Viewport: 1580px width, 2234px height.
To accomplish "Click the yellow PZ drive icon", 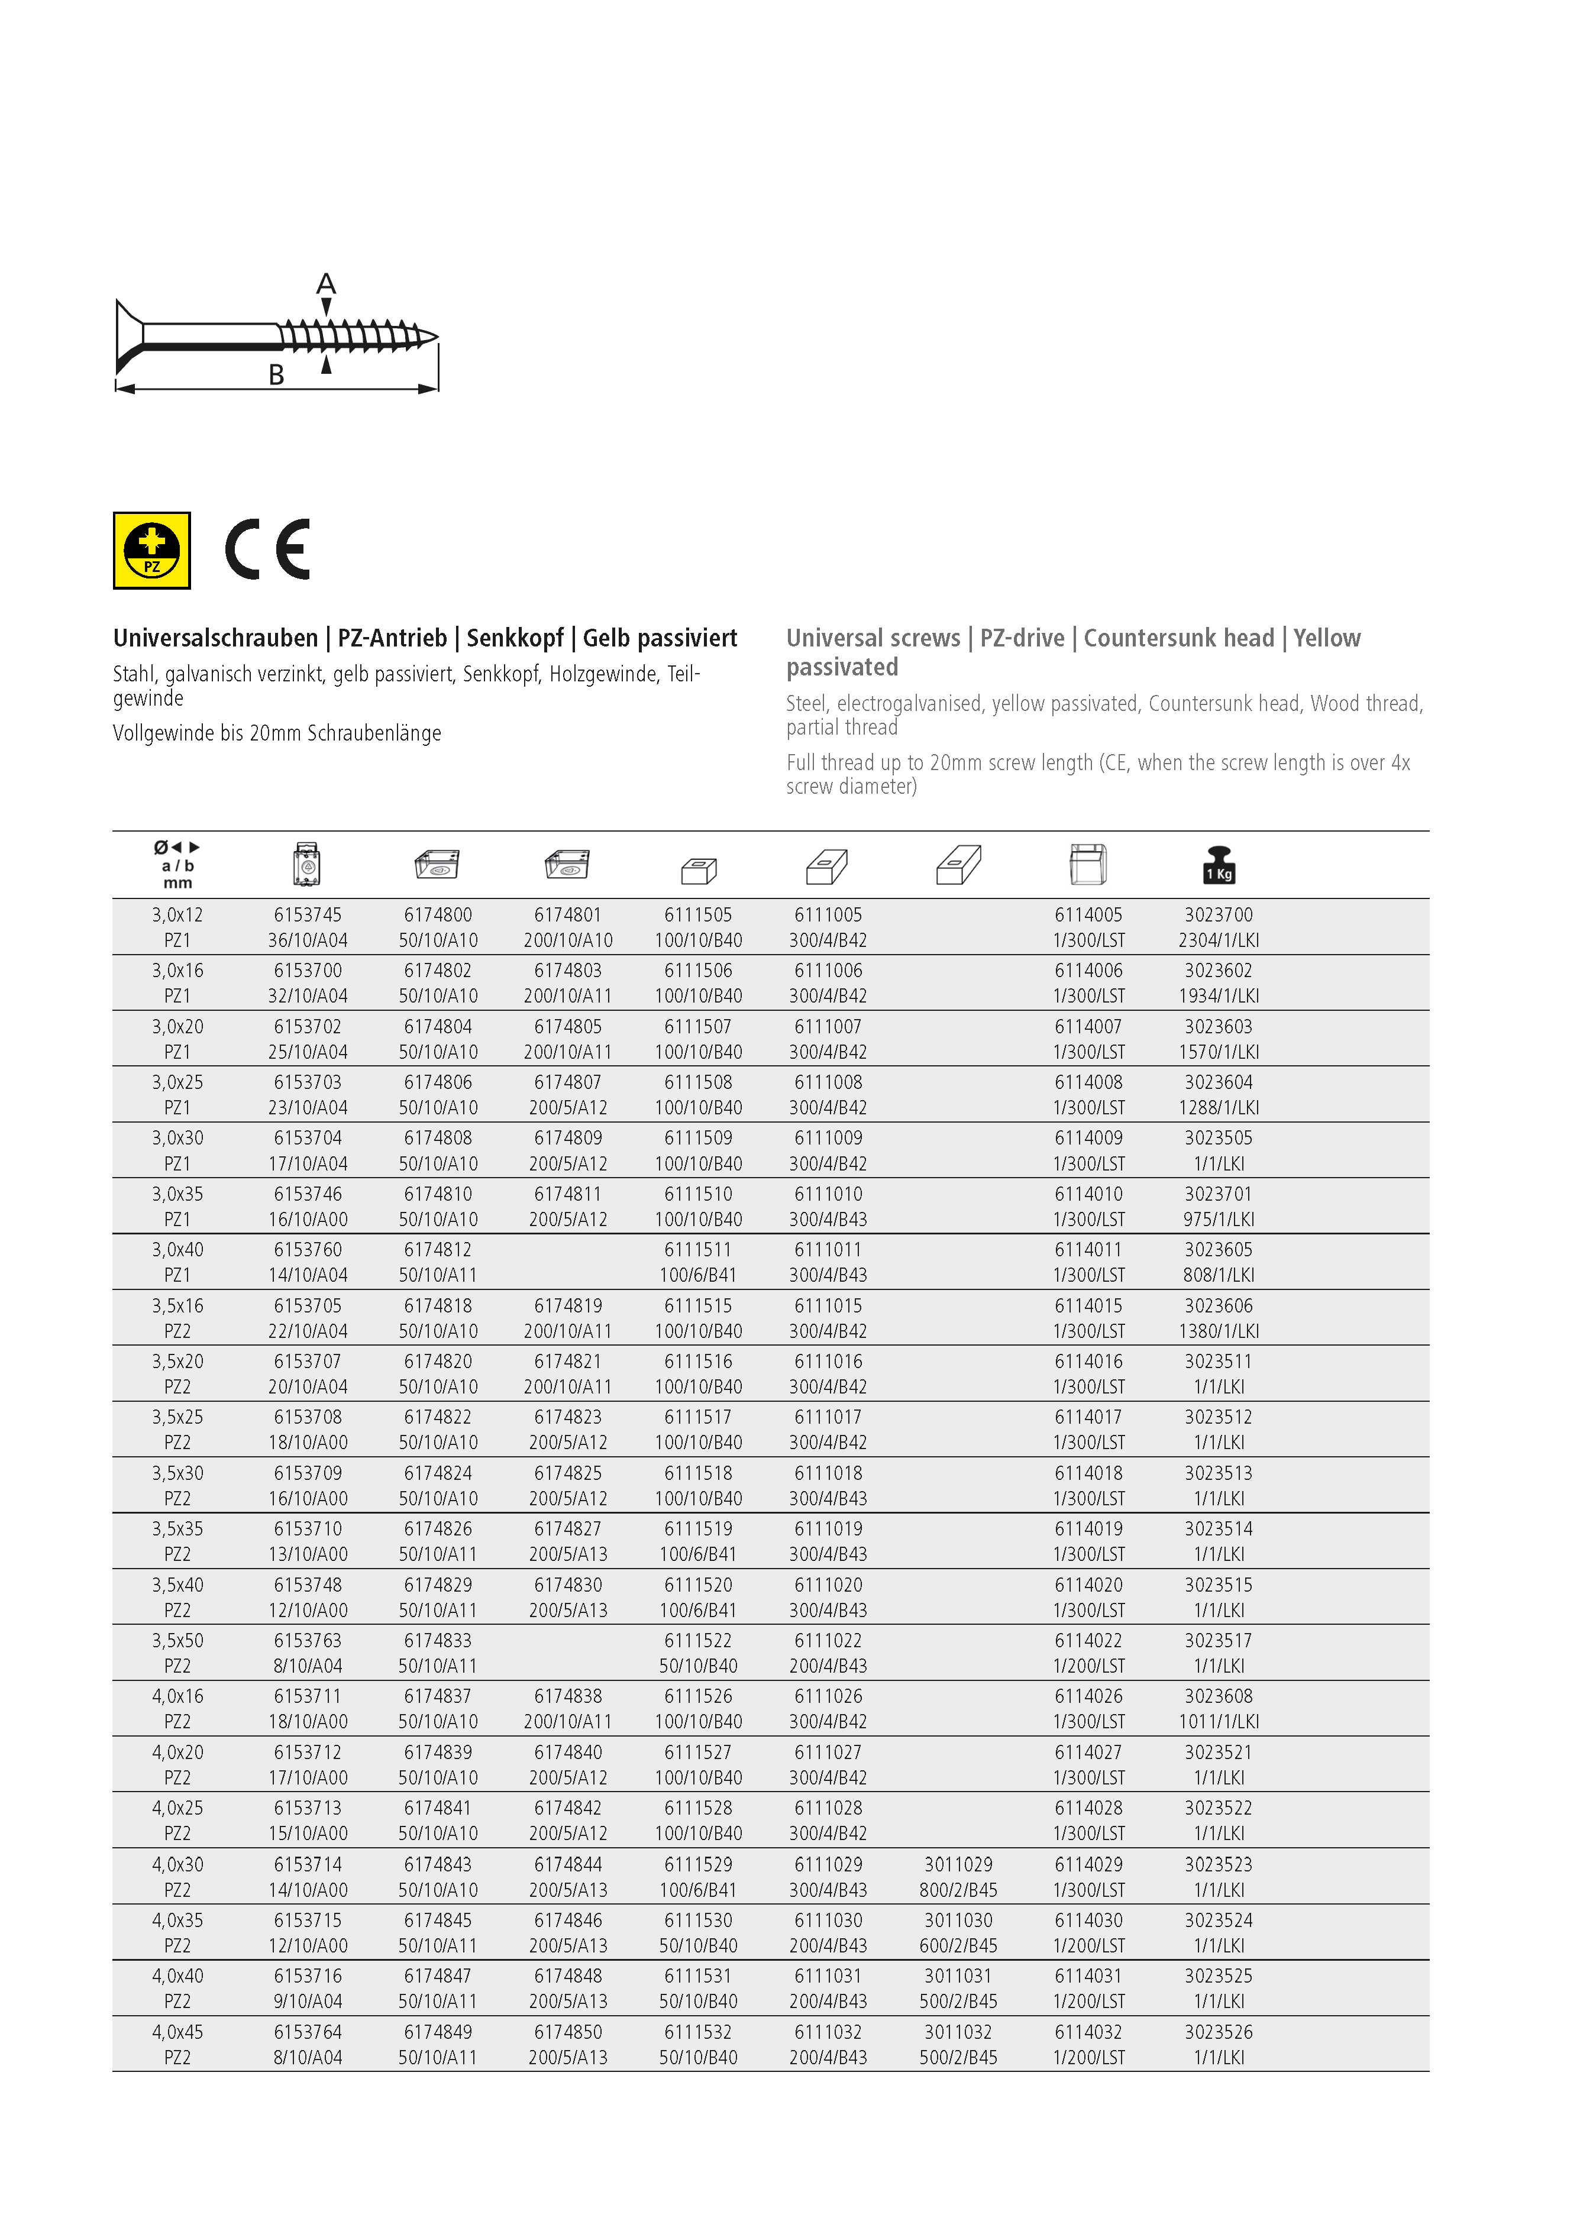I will pyautogui.click(x=152, y=551).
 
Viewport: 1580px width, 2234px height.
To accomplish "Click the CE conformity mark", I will pyautogui.click(x=267, y=549).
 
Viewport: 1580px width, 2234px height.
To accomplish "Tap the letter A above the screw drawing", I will pyautogui.click(x=326, y=284).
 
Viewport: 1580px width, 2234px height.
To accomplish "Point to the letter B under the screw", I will pyautogui.click(x=276, y=376).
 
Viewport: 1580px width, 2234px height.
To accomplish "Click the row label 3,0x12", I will pyautogui.click(x=177, y=914).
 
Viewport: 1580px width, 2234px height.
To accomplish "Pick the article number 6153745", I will pyautogui.click(x=308, y=914).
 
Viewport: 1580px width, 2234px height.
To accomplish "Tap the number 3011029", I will pyautogui.click(x=958, y=1864).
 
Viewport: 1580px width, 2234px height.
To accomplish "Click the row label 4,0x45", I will pyautogui.click(x=177, y=2032).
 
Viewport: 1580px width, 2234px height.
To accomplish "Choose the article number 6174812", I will pyautogui.click(x=438, y=1249).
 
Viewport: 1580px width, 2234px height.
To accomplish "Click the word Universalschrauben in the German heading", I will pyautogui.click(x=215, y=638).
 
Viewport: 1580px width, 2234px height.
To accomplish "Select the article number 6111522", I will pyautogui.click(x=697, y=1641).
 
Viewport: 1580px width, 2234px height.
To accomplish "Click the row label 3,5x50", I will pyautogui.click(x=177, y=1641).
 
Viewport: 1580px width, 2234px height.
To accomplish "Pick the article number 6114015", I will pyautogui.click(x=1088, y=1306).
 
